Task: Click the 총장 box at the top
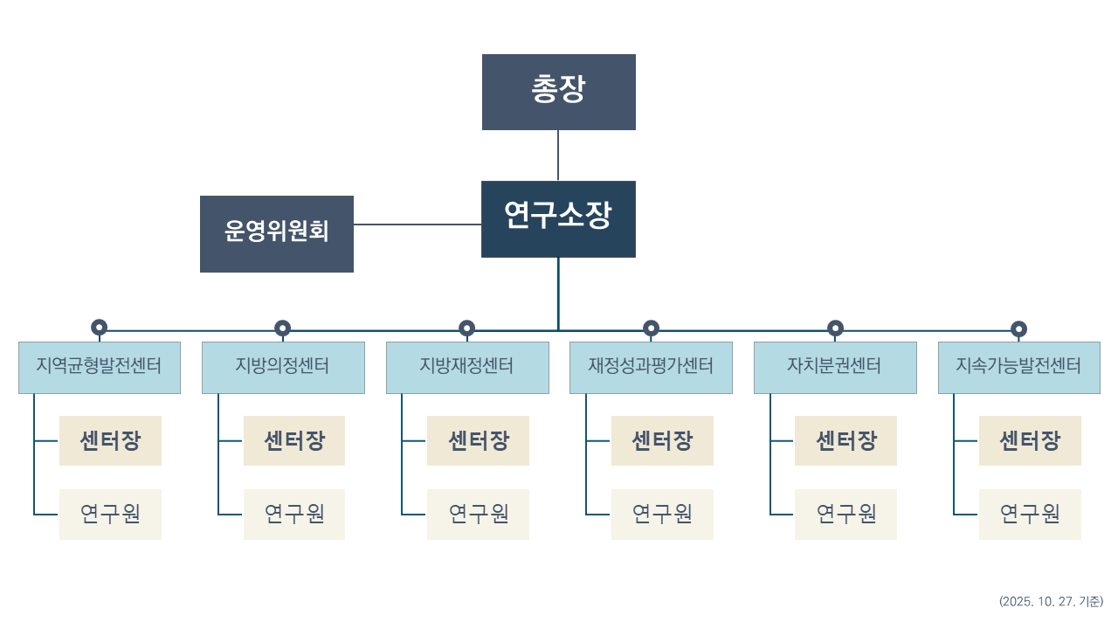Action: tap(559, 92)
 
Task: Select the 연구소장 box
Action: tap(558, 218)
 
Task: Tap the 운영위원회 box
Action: tap(277, 233)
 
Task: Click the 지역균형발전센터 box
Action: tap(100, 367)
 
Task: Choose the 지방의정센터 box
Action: tap(283, 367)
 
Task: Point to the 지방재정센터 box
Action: tap(467, 367)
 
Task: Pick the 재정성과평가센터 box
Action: tap(651, 367)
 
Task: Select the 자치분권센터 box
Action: tap(835, 367)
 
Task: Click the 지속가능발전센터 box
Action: tap(1018, 367)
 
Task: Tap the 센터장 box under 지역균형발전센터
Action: tap(110, 440)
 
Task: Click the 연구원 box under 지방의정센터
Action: tap(294, 514)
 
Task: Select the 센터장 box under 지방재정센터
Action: tap(478, 440)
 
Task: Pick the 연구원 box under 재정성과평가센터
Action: tap(662, 514)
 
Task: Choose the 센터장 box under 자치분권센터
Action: tap(845, 440)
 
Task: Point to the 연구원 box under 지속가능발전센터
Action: tap(1030, 514)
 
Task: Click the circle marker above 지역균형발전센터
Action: tap(100, 328)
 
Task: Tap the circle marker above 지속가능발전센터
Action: tap(1018, 329)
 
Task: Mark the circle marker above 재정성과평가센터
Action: tap(651, 328)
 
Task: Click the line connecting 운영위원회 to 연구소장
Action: tap(418, 225)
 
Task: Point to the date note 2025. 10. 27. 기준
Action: tap(1051, 601)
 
